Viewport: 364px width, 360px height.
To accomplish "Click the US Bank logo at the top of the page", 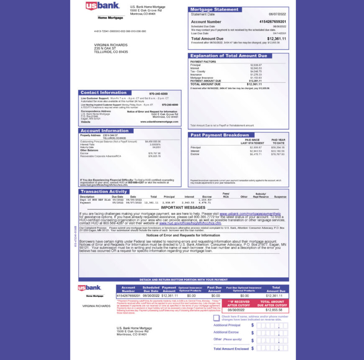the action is [103, 6].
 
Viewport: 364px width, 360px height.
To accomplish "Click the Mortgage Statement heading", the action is [214, 9].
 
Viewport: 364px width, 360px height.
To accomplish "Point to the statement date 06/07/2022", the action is [277, 14].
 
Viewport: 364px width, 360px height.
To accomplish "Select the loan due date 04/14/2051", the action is [279, 33].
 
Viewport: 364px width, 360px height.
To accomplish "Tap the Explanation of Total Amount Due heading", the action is [228, 56].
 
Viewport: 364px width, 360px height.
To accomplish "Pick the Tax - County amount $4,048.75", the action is [256, 71].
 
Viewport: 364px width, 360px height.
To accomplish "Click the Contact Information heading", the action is [103, 93].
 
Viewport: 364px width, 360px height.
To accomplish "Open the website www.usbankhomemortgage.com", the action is [159, 122].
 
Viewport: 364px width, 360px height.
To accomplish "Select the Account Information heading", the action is [104, 130].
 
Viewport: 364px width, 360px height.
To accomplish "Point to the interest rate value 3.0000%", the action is [155, 144].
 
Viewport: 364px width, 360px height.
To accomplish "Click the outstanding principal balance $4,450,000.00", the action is [153, 141].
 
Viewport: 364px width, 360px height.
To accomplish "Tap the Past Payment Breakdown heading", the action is [220, 135].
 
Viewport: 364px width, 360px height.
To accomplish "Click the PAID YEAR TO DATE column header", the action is [278, 141].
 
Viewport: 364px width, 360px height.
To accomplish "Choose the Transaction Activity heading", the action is [103, 191].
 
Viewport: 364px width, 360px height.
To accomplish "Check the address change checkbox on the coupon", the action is [216, 318].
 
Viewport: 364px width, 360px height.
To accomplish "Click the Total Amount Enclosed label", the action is [231, 348].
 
